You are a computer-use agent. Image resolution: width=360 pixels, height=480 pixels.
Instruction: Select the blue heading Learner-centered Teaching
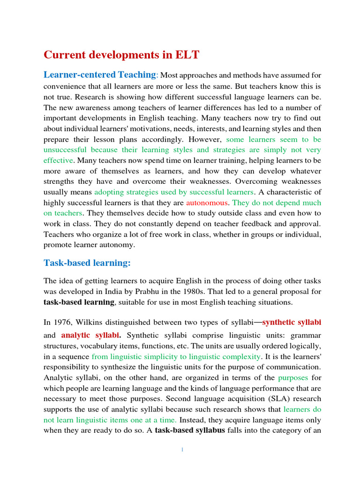coord(99,75)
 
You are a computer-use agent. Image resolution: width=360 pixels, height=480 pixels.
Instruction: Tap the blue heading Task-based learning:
coord(87,263)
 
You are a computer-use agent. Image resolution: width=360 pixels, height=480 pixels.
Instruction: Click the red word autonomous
coord(207,203)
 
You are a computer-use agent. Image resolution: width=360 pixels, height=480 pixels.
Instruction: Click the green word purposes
coord(293,377)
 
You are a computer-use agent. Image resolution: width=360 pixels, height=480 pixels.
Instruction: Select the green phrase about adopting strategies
coord(174,192)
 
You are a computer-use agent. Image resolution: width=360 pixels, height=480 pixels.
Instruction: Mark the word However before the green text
coord(206,139)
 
